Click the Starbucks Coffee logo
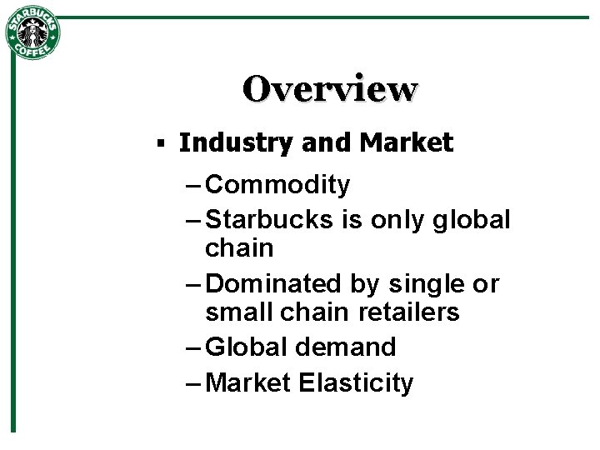point(33,32)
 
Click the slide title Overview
point(330,89)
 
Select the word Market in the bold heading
point(407,143)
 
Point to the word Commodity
point(277,185)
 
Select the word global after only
point(474,220)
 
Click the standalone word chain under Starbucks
point(239,248)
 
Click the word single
point(427,284)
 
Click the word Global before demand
point(243,347)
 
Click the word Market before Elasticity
point(247,382)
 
